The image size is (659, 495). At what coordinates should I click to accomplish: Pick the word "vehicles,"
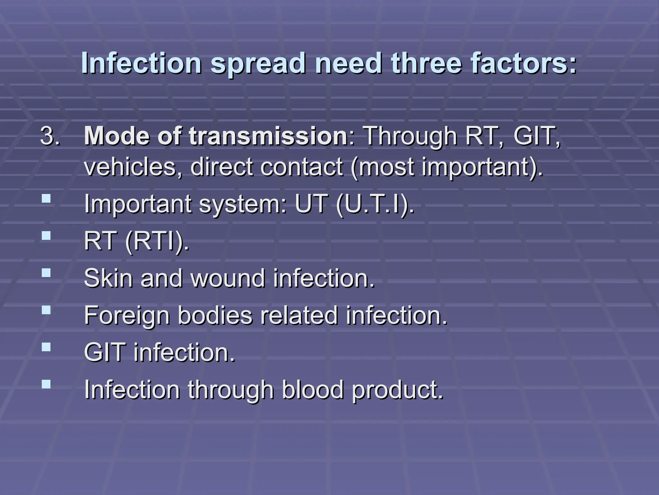[133, 167]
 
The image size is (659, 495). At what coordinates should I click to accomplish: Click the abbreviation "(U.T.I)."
[375, 205]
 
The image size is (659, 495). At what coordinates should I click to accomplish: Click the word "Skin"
[108, 278]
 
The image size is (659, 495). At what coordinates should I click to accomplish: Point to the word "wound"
[228, 278]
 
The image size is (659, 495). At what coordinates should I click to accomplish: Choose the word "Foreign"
[127, 315]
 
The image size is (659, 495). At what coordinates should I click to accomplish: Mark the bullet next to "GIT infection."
[46, 347]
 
